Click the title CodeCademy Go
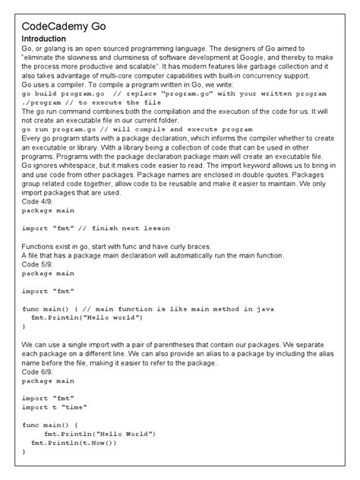tap(63, 26)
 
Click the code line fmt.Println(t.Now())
tap(74, 442)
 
